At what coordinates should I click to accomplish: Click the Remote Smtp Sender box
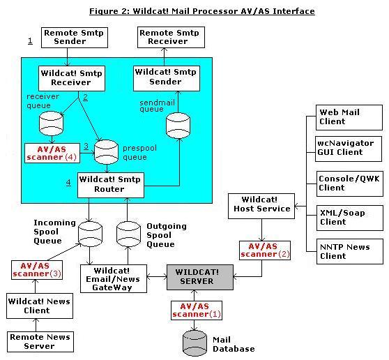[75, 38]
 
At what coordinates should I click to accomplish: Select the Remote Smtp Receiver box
[171, 38]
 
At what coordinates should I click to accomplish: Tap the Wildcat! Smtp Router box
[111, 185]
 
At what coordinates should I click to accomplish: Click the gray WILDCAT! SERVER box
[200, 277]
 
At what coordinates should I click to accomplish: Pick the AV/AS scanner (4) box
[52, 153]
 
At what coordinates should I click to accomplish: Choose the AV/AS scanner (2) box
[265, 250]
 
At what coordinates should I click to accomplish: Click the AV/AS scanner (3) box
[37, 270]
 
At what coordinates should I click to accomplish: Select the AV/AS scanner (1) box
[197, 310]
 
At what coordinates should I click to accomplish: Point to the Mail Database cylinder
[194, 343]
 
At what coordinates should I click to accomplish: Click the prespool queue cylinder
[106, 152]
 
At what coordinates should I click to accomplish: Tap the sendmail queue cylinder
[178, 126]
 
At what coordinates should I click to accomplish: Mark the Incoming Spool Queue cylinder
[90, 234]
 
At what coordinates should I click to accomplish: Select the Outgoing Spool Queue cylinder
[128, 234]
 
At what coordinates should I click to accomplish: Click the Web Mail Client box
[349, 117]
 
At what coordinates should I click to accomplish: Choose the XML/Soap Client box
[350, 218]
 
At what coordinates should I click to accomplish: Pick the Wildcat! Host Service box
[261, 206]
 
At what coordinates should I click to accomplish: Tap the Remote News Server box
[40, 342]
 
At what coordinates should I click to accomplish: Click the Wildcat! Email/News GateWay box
[114, 278]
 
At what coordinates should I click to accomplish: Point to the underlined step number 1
[30, 40]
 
